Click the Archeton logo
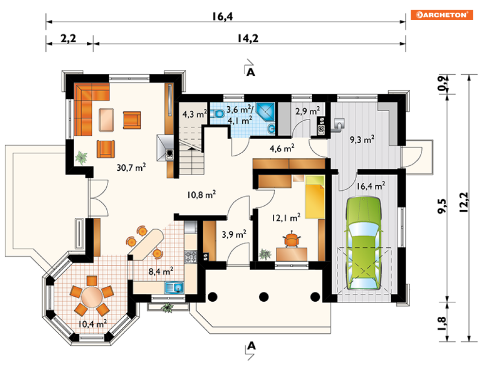(x=442, y=15)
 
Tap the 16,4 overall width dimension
(x=222, y=16)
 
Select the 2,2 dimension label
(x=68, y=38)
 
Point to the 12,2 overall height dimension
(x=464, y=202)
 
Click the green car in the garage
(x=364, y=243)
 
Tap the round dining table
(x=92, y=297)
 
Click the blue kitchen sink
(x=174, y=288)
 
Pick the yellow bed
(x=315, y=197)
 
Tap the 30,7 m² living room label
(x=131, y=167)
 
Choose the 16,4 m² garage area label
(x=370, y=186)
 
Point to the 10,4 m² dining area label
(x=92, y=324)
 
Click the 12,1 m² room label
(x=286, y=218)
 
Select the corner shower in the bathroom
(x=265, y=111)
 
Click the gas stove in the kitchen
(x=190, y=257)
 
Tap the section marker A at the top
(x=251, y=72)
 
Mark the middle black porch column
(x=264, y=297)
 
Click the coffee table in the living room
(x=106, y=120)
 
